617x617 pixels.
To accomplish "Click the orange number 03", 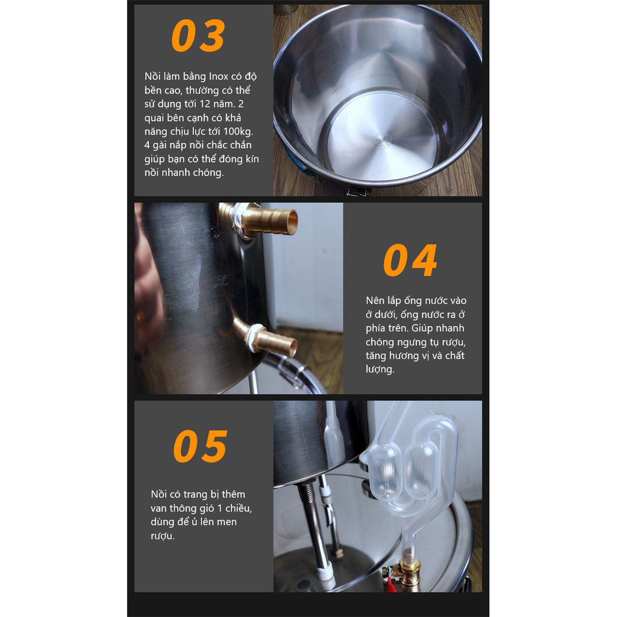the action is coord(198,36).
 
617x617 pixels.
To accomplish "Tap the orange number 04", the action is coord(410,260).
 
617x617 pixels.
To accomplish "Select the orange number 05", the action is coord(200,446).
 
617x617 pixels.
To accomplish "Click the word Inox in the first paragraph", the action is coord(218,76).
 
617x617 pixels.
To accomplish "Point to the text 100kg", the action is coord(238,131).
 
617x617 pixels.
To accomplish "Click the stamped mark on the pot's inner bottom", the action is coord(381,140).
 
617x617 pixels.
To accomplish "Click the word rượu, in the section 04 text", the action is coord(454,342).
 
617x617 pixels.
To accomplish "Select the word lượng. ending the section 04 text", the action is coord(380,369).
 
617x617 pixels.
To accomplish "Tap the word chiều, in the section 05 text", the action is coord(239,508).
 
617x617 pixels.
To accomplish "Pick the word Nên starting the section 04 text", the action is coord(375,301).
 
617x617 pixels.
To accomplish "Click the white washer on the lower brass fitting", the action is coord(251,337).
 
